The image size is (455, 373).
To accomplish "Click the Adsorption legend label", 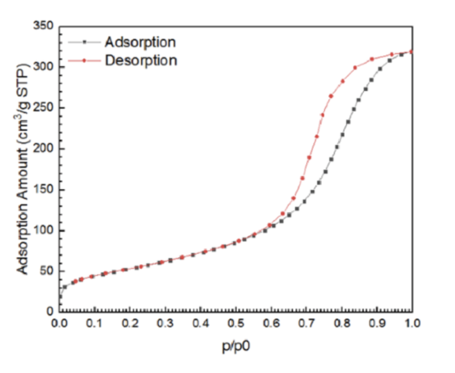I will (140, 42).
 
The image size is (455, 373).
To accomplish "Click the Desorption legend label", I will (141, 60).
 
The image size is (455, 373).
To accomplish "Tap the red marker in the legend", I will (84, 60).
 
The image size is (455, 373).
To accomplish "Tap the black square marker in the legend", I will (84, 42).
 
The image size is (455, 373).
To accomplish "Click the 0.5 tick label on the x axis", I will (236, 323).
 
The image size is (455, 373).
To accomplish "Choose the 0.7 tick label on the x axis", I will (306, 323).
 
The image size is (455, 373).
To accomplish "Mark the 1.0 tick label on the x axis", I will (412, 323).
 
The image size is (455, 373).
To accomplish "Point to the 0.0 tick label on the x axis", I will (59, 323).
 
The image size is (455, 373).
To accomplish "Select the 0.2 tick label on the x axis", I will (130, 323).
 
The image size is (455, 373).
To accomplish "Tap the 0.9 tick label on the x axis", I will (377, 323).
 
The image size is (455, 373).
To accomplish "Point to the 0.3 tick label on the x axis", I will (165, 323).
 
